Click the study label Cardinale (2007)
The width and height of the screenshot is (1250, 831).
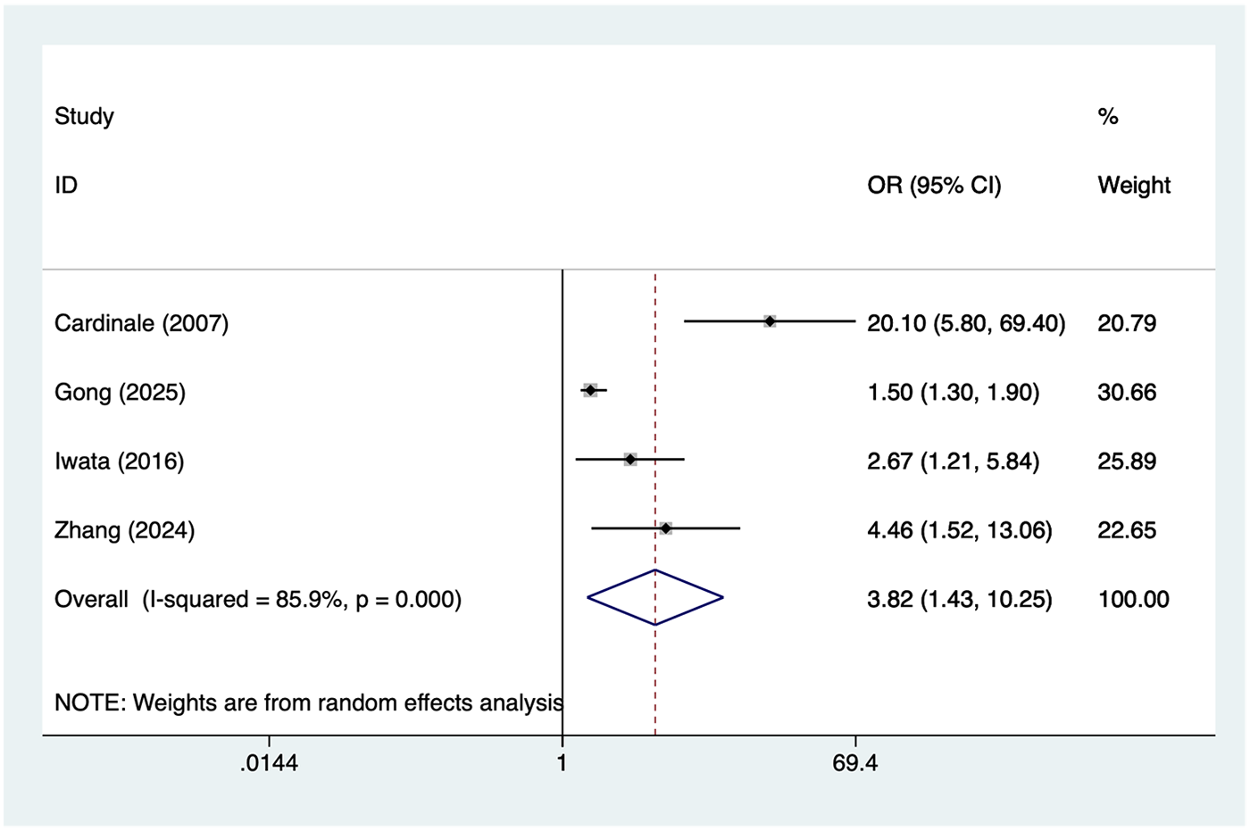141,323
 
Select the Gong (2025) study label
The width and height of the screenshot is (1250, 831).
120,392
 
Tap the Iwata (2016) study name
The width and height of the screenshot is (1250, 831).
119,461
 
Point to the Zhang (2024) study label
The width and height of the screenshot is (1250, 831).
124,530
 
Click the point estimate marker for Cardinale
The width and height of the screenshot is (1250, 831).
770,321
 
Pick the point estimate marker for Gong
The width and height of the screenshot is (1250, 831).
590,390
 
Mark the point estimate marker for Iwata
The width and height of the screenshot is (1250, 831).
630,460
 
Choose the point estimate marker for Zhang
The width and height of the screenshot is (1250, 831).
666,528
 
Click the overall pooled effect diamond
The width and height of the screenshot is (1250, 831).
655,597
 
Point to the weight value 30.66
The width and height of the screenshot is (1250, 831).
1127,392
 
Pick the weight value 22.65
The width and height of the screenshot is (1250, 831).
1127,530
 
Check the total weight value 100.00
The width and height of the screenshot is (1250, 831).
1133,599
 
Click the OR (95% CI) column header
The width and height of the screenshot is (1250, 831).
934,186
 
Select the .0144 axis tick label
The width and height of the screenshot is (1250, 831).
269,764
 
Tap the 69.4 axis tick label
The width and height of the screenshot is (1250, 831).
855,764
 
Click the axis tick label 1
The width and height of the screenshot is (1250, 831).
562,764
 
